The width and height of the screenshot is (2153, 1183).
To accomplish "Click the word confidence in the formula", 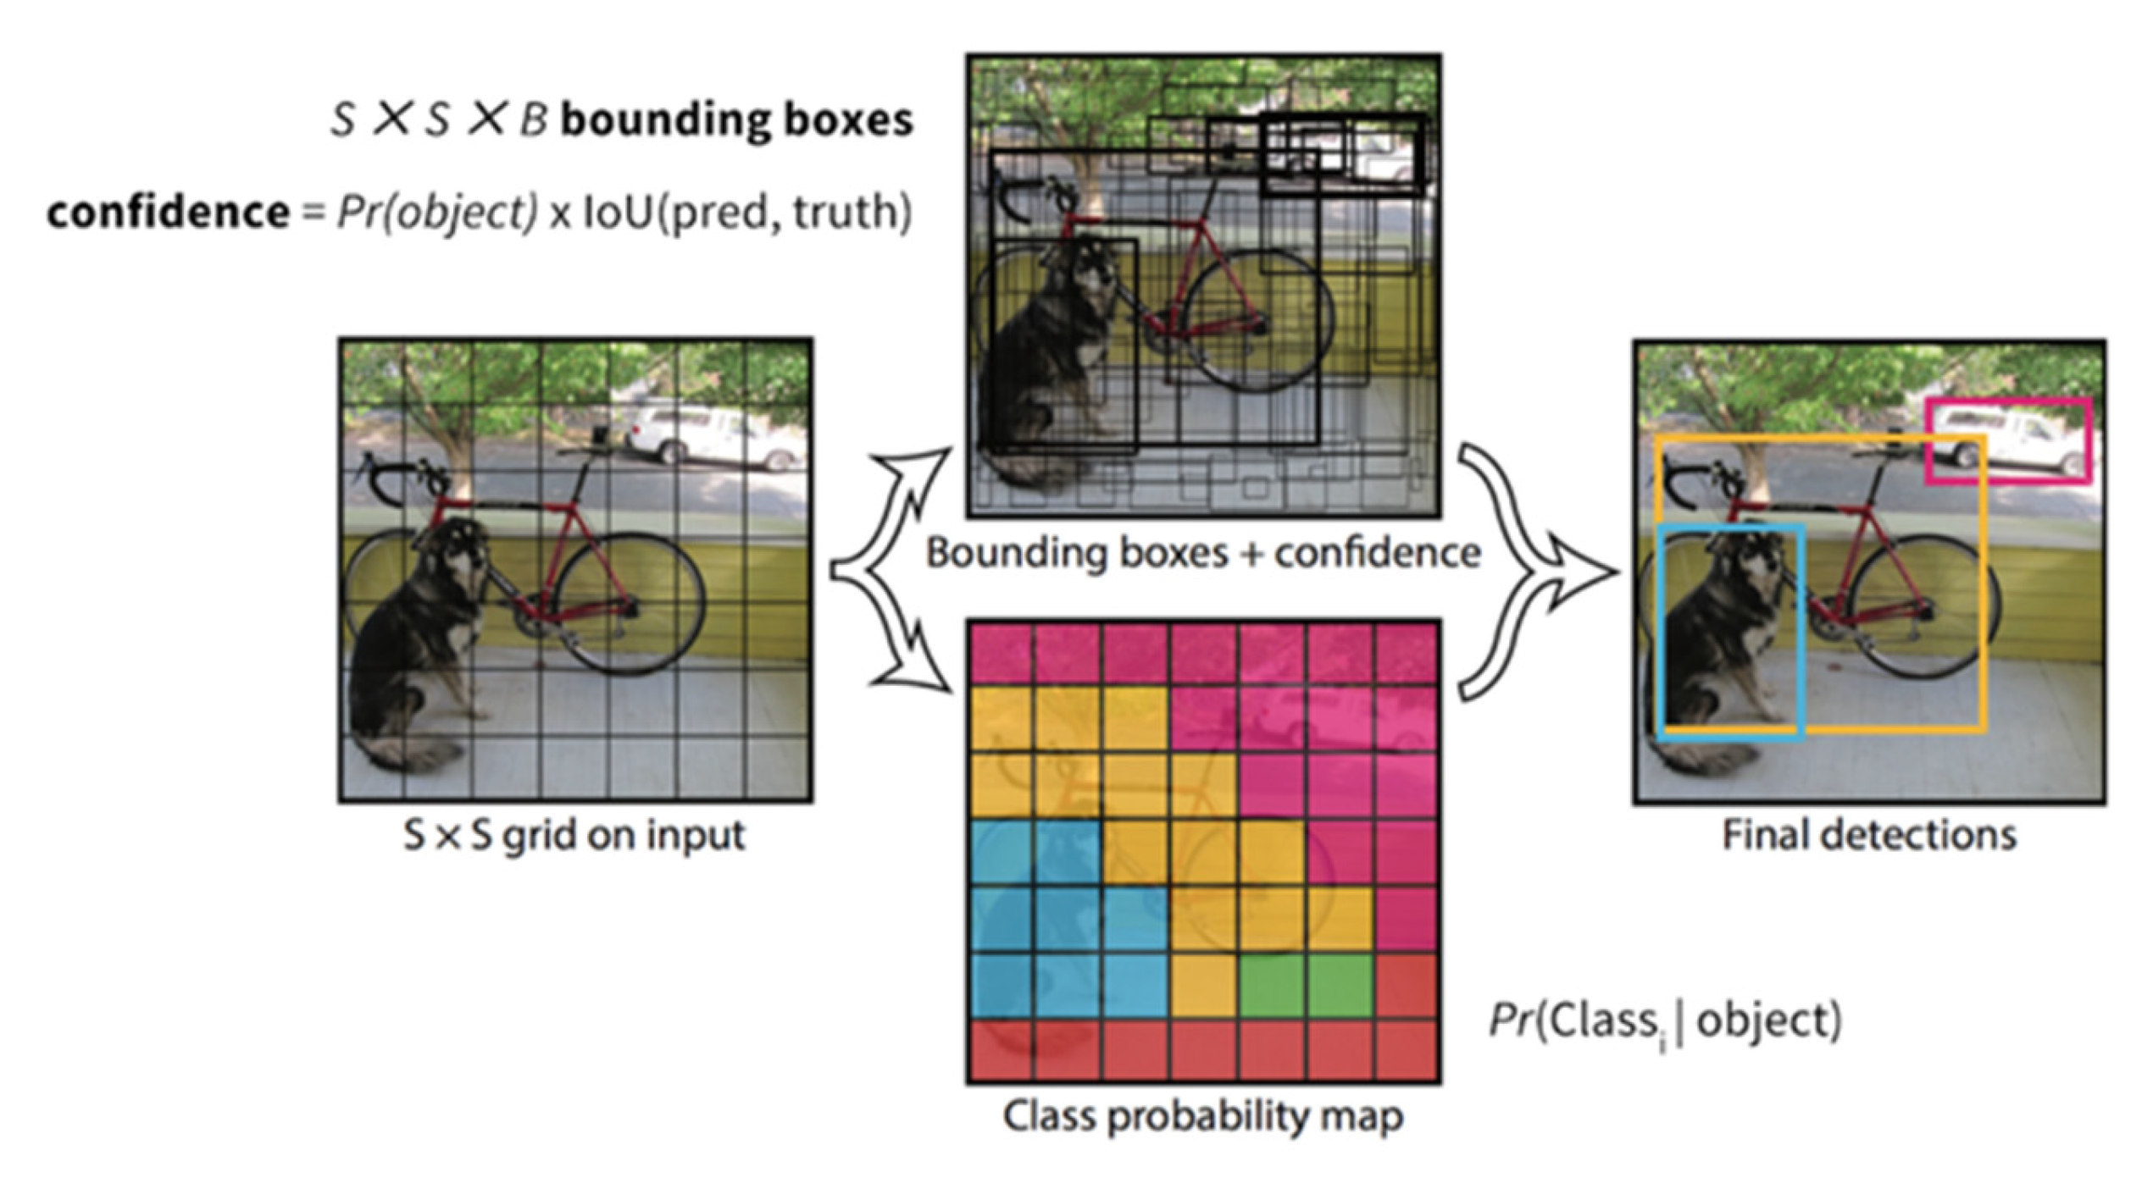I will pyautogui.click(x=168, y=212).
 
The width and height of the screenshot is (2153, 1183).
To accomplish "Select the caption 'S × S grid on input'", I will pyautogui.click(x=574, y=836).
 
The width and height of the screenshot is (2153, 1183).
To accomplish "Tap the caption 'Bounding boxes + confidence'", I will pyautogui.click(x=1202, y=554).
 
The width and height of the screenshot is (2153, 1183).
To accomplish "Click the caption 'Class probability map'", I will pyautogui.click(x=1202, y=1115).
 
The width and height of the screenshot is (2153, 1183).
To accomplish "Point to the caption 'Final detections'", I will pyautogui.click(x=1869, y=836).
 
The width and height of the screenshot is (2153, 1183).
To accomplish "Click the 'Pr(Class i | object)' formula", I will pyautogui.click(x=1665, y=1021).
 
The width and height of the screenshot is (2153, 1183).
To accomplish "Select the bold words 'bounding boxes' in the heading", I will pyautogui.click(x=737, y=120).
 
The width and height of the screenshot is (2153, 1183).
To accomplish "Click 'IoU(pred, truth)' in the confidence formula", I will pyautogui.click(x=746, y=212).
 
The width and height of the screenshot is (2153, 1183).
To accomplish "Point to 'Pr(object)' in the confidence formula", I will pyautogui.click(x=437, y=212).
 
